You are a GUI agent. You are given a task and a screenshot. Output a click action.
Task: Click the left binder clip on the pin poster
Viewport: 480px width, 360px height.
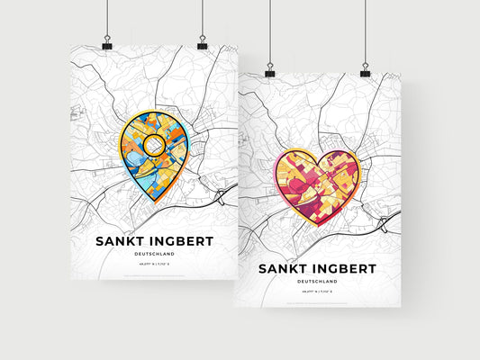(x=106, y=45)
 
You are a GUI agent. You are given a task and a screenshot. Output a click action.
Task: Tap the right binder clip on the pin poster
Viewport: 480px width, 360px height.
(x=203, y=45)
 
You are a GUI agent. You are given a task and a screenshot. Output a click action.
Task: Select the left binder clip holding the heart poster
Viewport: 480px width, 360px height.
(x=268, y=69)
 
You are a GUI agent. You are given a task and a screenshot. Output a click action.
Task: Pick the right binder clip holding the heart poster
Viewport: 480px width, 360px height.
(x=366, y=69)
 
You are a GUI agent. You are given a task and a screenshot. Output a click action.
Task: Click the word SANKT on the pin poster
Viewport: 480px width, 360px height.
(x=121, y=240)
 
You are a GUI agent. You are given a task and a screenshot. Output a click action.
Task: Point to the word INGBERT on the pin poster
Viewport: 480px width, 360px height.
(x=184, y=240)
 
